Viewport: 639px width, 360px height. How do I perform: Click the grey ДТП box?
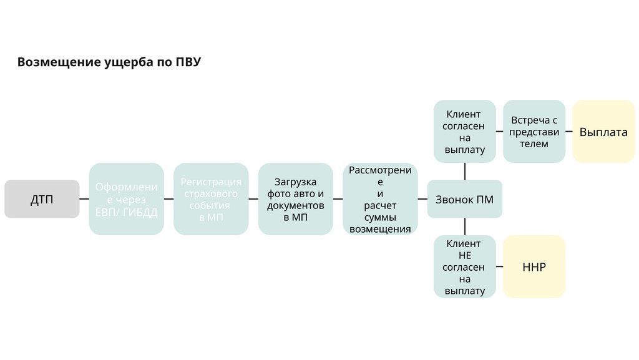pos(42,199)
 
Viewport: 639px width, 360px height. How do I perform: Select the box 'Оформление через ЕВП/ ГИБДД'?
pos(126,199)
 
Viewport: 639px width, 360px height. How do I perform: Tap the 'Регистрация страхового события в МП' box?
pos(211,199)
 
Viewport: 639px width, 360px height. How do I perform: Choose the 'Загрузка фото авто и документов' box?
pos(295,199)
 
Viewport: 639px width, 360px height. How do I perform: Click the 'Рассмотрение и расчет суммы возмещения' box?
pos(380,199)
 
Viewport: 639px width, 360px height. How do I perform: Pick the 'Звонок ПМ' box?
pos(464,199)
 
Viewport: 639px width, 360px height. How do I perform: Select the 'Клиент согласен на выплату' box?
pos(464,131)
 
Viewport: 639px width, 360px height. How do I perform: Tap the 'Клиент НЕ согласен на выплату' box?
pos(464,267)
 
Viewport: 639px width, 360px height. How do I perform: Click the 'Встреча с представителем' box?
pos(534,131)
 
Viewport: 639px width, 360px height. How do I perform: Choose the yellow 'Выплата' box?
pos(603,132)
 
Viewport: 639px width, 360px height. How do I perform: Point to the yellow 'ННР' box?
pos(534,267)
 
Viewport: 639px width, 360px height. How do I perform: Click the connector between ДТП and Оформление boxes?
pos(84,199)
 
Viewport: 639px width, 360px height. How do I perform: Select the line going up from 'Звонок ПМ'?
pos(465,172)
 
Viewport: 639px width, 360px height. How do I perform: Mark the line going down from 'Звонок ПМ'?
pos(465,226)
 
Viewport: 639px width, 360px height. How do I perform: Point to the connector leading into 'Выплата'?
pos(568,132)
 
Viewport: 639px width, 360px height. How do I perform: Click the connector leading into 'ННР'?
pos(499,267)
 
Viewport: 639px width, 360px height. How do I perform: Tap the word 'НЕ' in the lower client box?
pos(464,255)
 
